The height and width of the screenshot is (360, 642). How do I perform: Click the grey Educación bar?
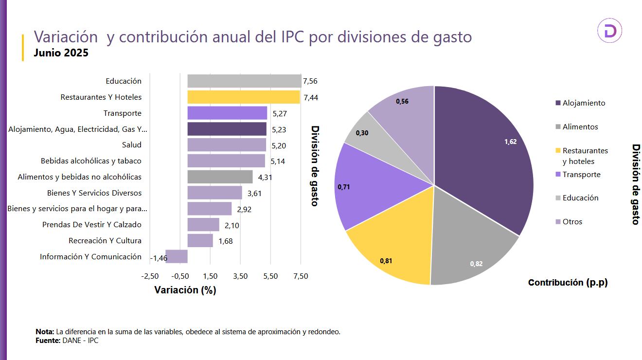244,81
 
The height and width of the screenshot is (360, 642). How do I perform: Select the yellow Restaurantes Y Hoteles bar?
243,97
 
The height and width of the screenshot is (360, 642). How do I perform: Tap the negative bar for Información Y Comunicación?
177,256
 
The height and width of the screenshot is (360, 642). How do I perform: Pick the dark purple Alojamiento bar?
227,129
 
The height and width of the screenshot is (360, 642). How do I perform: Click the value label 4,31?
265,178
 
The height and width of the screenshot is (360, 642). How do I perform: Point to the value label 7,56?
310,81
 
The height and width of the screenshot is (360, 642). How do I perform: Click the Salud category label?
132,145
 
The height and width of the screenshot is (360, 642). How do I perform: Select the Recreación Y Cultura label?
105,241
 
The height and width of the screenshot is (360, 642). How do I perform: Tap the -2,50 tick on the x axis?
150,276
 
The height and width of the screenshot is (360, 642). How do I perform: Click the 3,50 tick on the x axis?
240,276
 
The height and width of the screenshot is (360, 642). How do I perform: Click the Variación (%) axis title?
185,290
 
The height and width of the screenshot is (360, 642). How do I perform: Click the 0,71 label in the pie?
344,187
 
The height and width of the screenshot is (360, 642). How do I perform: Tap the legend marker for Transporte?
558,175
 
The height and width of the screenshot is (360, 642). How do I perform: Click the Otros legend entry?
572,222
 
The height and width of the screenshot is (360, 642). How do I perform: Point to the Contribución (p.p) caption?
568,283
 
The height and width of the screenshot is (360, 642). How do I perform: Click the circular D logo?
609,31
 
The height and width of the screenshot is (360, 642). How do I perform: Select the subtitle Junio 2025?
61,53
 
